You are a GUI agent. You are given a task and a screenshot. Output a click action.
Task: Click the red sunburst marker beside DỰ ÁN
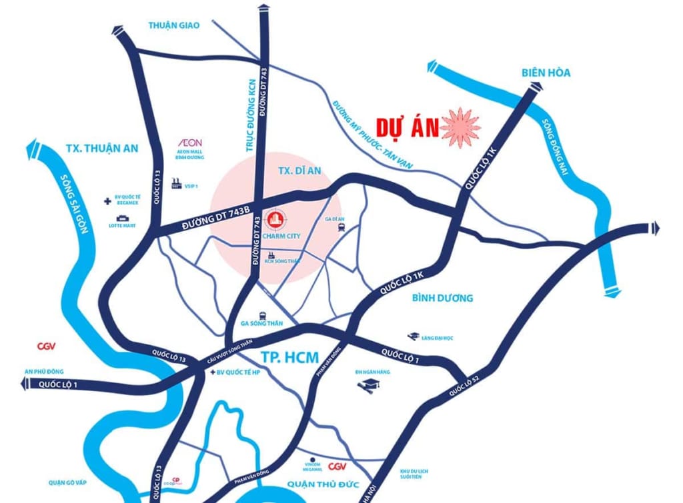tap(460, 126)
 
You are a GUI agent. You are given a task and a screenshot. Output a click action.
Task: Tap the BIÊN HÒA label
tap(545, 73)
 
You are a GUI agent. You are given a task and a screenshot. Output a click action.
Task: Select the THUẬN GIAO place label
tap(173, 25)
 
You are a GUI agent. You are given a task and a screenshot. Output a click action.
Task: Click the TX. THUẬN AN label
tap(102, 148)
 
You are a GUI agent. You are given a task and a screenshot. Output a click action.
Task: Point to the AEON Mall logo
tap(191, 142)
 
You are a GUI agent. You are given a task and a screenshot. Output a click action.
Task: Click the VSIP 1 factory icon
tap(177, 183)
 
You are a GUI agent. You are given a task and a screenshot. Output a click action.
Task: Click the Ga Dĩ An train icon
tap(341, 227)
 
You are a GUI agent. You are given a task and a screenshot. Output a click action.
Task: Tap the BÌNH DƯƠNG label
tap(442, 297)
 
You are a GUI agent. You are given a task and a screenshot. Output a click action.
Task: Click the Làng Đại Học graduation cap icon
tap(414, 338)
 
